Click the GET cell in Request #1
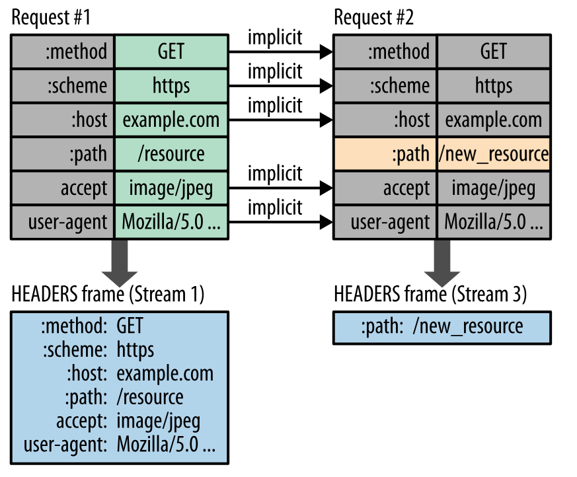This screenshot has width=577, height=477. (x=171, y=51)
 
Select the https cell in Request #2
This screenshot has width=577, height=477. (x=494, y=85)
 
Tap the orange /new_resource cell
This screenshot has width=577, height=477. (x=494, y=154)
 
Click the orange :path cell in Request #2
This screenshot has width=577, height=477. (x=385, y=154)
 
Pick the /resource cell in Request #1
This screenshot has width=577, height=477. (x=171, y=154)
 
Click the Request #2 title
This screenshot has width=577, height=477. (x=374, y=18)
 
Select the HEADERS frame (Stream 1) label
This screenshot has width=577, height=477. (x=108, y=294)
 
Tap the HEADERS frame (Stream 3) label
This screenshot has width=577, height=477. (x=431, y=294)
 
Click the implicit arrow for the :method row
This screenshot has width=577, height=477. (x=280, y=51)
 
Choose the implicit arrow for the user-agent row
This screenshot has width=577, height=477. (x=280, y=223)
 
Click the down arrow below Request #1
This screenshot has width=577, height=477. (x=119, y=262)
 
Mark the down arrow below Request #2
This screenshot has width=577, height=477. (x=442, y=262)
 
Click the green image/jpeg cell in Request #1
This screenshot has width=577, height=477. (x=171, y=188)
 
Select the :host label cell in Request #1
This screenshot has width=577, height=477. (x=63, y=120)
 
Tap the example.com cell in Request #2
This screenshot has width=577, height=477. (x=494, y=120)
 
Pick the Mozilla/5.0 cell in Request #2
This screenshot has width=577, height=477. (x=494, y=223)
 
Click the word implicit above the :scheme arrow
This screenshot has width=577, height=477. (x=275, y=71)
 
